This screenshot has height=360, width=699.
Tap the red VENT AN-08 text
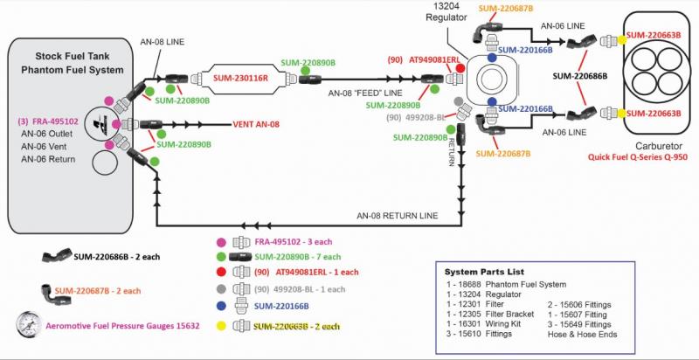255,124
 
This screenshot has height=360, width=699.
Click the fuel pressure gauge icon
26,325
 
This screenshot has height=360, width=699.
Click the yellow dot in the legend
222,325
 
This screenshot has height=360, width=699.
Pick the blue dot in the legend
222,307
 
